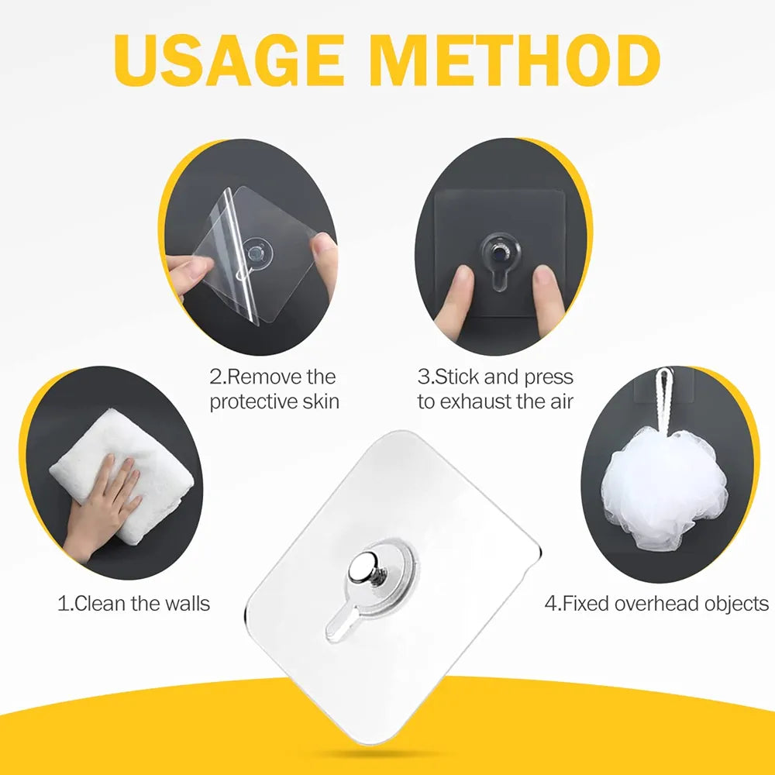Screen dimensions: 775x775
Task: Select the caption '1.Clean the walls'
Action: (133, 603)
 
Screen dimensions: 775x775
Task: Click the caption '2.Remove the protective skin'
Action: (274, 390)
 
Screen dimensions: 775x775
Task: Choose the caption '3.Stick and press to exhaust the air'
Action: (495, 390)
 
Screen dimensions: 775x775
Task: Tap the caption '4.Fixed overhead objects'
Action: (656, 603)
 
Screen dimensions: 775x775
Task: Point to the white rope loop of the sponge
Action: (665, 398)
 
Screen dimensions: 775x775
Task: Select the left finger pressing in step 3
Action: (457, 298)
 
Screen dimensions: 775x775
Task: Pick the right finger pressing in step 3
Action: (548, 298)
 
